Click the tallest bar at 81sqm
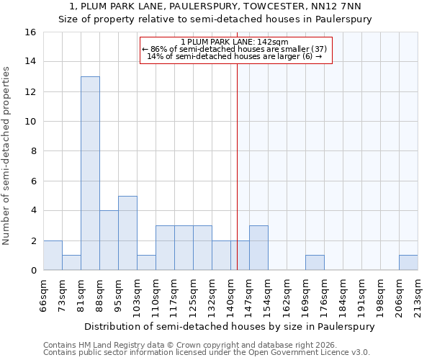pos(90,174)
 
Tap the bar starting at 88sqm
pos(109,240)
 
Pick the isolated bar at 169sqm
pos(315,263)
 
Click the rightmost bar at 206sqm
pos(408,263)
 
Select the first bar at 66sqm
pos(53,256)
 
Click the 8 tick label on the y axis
pos(33,151)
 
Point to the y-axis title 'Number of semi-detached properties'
pos(7,156)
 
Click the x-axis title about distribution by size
pos(230,326)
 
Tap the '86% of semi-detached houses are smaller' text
pos(235,49)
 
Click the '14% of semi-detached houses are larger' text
pos(235,56)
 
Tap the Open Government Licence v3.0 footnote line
pos(207,353)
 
